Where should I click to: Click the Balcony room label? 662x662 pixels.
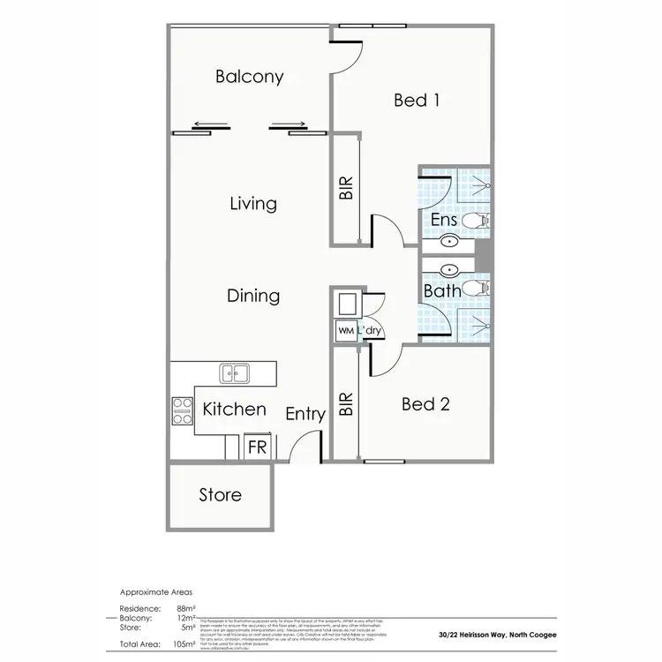click(250, 77)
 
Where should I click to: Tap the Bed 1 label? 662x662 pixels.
click(417, 100)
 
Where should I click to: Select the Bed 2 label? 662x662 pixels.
click(425, 404)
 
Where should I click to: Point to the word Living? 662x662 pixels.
click(253, 204)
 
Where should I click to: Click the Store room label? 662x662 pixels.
click(221, 495)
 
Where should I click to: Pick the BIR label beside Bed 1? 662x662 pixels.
click(346, 190)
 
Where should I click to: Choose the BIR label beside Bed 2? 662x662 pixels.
click(346, 404)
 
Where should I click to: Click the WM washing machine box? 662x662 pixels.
click(344, 329)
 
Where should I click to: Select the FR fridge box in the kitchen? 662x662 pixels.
click(257, 448)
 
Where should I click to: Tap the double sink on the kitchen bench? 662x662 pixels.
click(235, 374)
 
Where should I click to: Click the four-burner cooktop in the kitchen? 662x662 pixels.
click(183, 407)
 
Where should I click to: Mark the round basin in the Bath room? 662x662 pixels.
click(448, 271)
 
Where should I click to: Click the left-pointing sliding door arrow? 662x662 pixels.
click(211, 124)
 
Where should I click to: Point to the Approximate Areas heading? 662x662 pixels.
click(156, 593)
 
